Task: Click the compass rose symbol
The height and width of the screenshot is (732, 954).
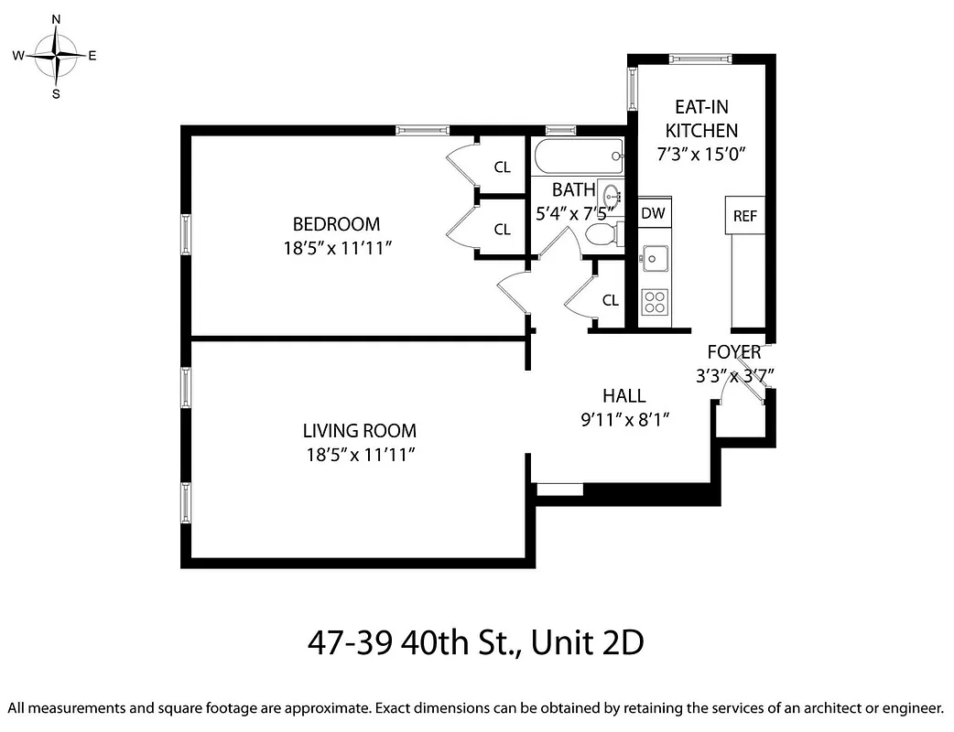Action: (x=56, y=56)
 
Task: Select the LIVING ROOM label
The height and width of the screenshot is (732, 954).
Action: (x=359, y=430)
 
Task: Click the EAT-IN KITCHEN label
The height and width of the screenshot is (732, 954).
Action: (x=701, y=118)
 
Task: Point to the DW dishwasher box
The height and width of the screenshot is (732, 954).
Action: (x=653, y=213)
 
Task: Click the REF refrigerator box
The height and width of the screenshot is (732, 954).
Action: (x=744, y=216)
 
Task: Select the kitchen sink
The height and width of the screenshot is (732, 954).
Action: (x=654, y=258)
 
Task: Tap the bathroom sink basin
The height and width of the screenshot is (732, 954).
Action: (x=611, y=194)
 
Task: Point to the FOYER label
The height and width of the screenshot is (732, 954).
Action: (x=733, y=352)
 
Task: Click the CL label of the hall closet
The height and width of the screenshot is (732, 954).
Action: (x=610, y=300)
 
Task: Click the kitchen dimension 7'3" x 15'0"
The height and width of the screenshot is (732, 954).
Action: (x=702, y=154)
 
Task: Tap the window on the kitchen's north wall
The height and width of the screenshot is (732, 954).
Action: (x=700, y=59)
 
